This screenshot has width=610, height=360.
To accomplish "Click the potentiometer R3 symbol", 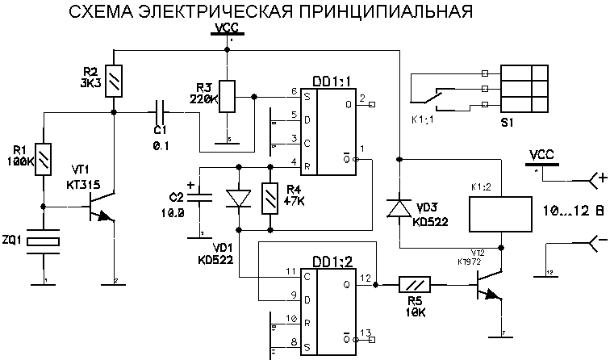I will pos(229,96).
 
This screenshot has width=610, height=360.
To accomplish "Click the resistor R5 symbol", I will pos(416,283).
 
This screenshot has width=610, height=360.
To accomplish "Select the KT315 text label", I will pos(83,185).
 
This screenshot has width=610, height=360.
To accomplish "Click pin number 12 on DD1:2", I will pos(366,278).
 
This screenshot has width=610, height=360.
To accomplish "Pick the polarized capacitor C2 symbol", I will pos(201,198).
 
